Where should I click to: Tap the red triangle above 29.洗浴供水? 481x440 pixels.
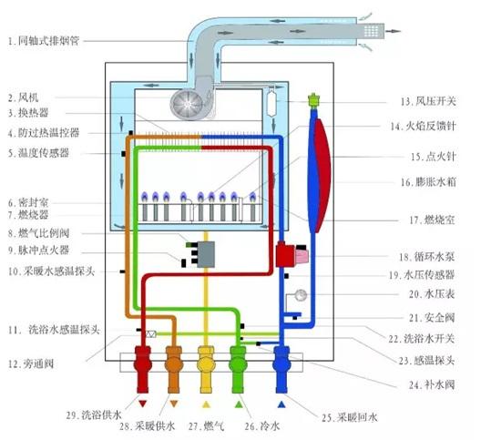[x=143, y=402]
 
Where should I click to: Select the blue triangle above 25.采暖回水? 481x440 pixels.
[x=282, y=402]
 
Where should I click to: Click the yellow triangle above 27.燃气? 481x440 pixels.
[x=207, y=402]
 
